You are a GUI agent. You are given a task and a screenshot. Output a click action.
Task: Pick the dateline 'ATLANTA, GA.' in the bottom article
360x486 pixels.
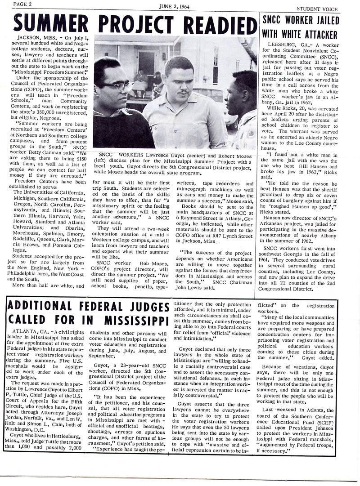coord(27,331)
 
